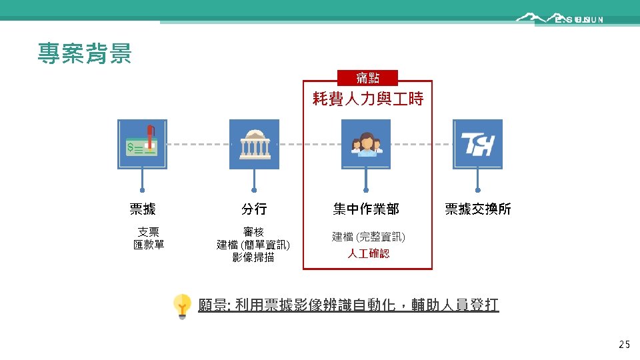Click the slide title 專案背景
[85, 53]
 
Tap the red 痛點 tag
[367, 78]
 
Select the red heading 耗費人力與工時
[367, 99]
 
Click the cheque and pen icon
[142, 144]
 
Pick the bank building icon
[254, 144]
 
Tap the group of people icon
[366, 144]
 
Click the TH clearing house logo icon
[477, 144]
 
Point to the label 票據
[142, 209]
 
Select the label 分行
[254, 209]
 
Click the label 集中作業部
[366, 209]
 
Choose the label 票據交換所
[477, 209]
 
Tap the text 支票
[148, 232]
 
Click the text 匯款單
[148, 244]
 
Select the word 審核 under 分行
[253, 232]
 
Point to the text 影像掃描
[253, 257]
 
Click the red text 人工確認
[368, 253]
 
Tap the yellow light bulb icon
[182, 306]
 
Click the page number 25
[624, 345]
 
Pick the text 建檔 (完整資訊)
[368, 237]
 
